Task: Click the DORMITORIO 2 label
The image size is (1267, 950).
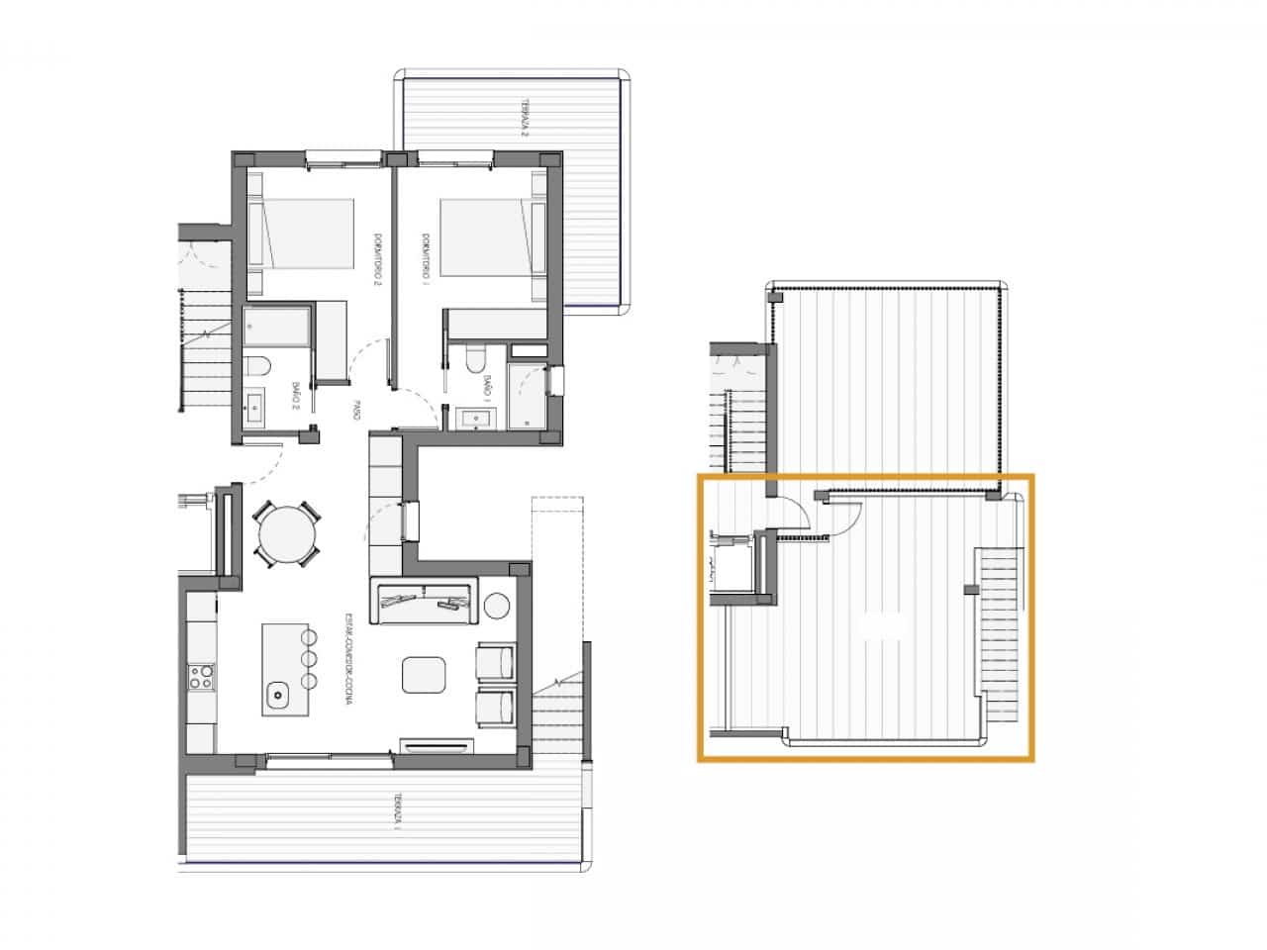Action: (x=377, y=259)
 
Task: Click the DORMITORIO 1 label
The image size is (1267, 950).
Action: (x=424, y=255)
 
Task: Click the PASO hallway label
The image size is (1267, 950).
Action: (x=356, y=412)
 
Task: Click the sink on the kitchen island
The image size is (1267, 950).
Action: (x=278, y=694)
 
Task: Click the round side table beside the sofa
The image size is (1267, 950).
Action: (x=497, y=604)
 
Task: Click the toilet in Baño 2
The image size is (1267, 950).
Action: (x=257, y=368)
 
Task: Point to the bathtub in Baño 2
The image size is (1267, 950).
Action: (x=277, y=327)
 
